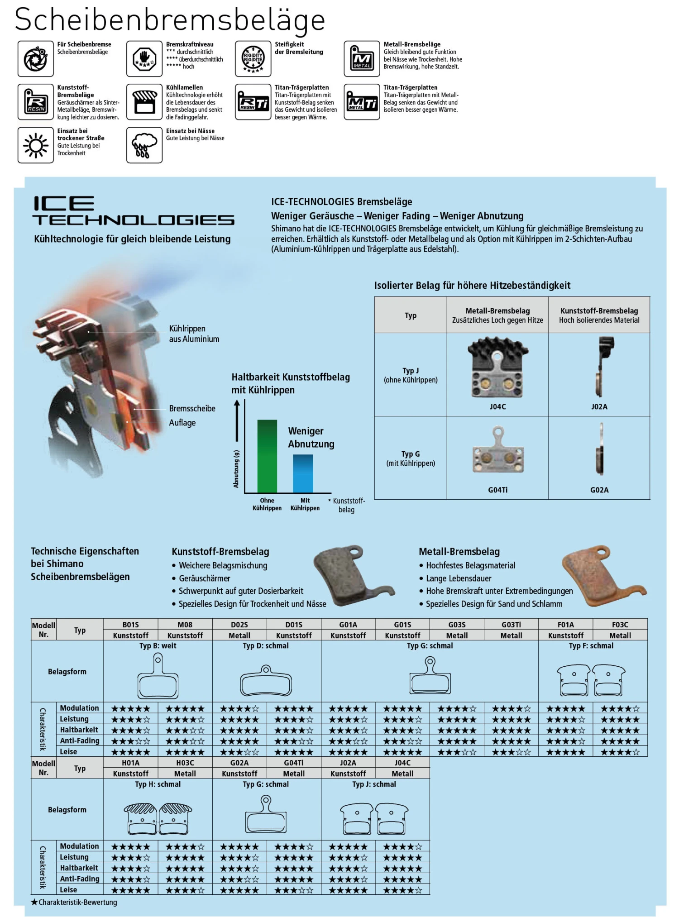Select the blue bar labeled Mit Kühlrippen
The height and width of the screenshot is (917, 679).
pos(303,473)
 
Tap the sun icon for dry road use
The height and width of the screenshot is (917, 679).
pos(35,145)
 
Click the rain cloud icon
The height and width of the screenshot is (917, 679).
pos(144,145)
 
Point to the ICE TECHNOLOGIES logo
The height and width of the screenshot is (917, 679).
pos(134,210)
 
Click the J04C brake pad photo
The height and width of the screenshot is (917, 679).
pos(497,368)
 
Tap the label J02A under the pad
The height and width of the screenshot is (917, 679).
pos(599,406)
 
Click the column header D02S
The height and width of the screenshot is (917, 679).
pos(239,625)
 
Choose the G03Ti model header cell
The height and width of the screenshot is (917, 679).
pos(511,625)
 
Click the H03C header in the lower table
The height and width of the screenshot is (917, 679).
pos(185,763)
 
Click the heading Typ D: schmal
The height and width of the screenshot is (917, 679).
pos(266,646)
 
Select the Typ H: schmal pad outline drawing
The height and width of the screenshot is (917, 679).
pos(158,818)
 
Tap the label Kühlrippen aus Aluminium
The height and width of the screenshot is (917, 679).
pos(194,334)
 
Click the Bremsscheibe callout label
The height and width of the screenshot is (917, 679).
pos(192,408)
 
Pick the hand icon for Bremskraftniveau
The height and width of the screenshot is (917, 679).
pos(144,58)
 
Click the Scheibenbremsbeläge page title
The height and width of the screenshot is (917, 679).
pos(170,20)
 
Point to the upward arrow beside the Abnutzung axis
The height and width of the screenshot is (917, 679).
pos(236,421)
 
